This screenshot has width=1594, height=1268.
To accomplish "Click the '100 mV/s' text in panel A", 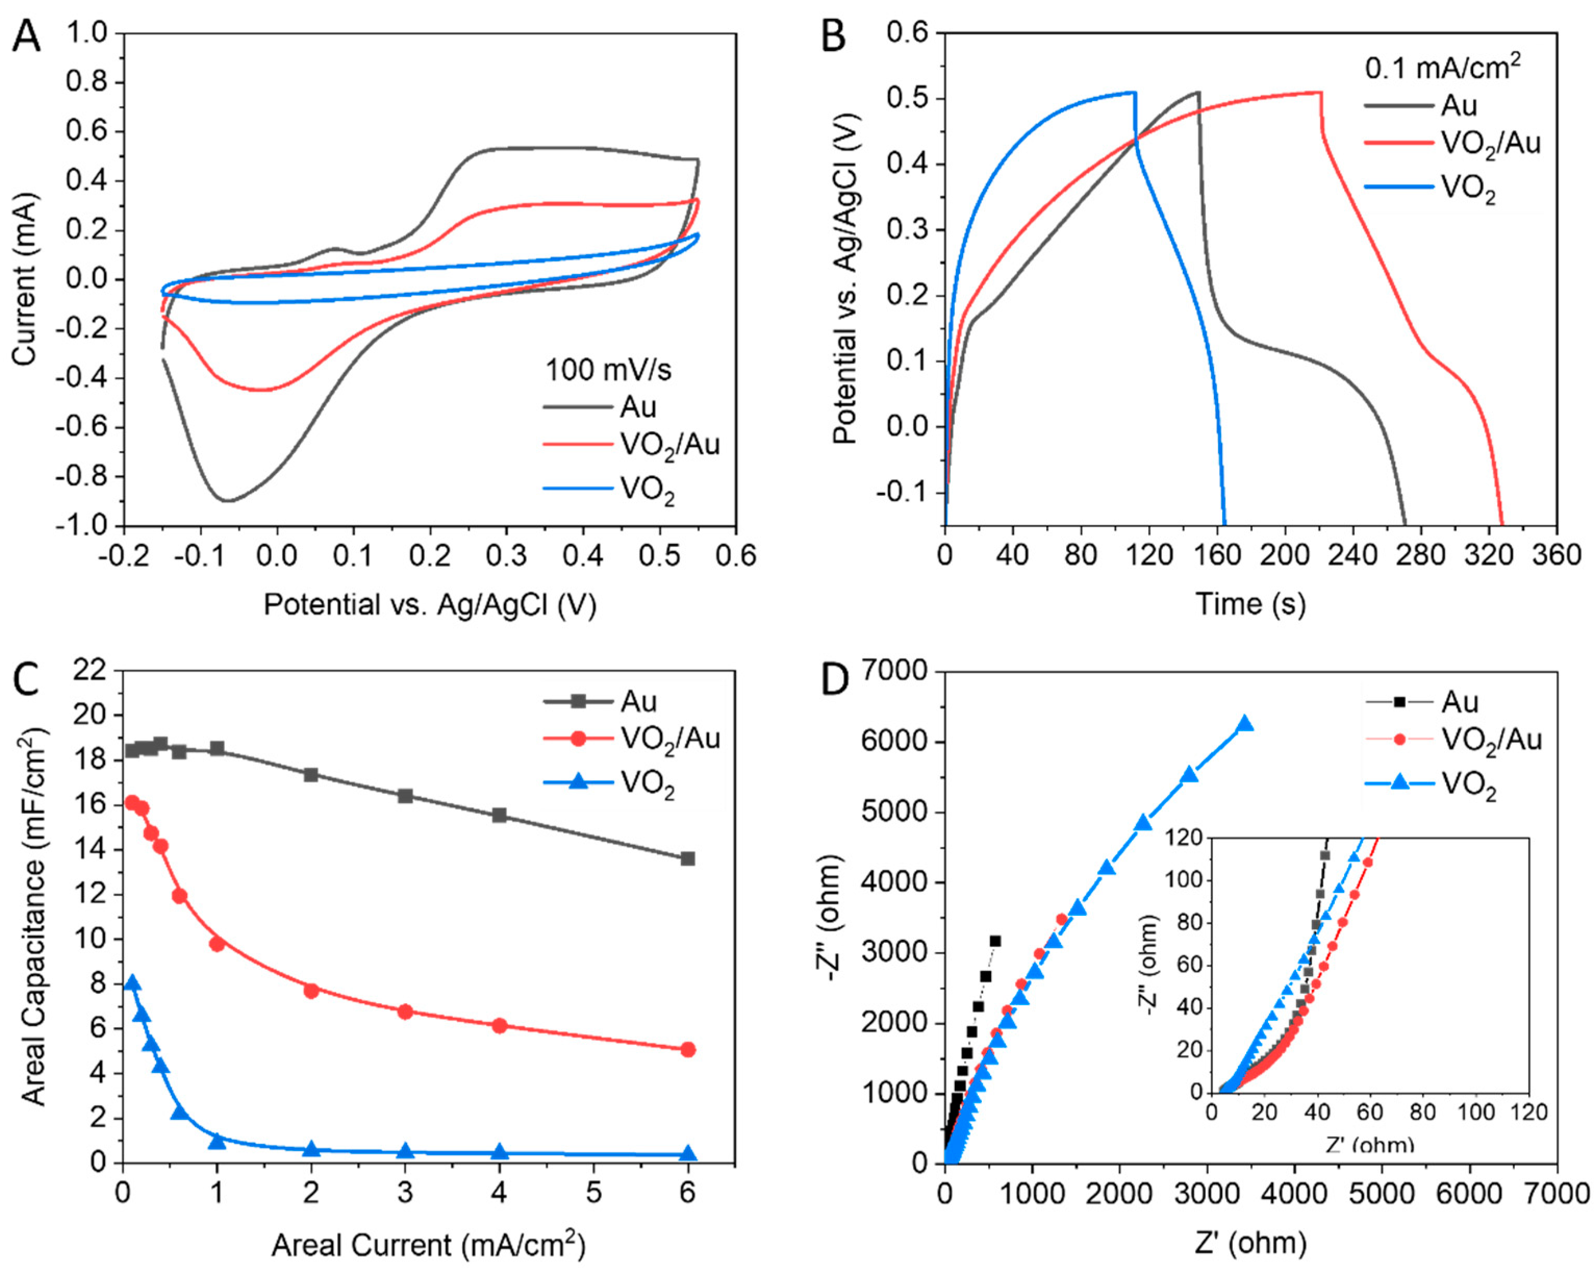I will pos(608,369).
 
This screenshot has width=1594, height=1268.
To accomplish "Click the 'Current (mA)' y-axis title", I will pos(24,279).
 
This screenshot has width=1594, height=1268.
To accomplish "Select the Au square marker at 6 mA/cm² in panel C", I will pos(688,859).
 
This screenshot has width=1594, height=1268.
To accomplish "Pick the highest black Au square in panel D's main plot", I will pos(995,941).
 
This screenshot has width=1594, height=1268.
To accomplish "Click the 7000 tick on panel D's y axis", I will pos(894,671).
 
